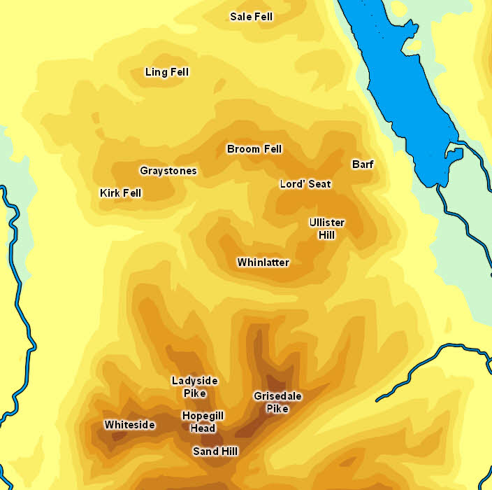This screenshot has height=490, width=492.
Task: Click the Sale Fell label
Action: (251, 16)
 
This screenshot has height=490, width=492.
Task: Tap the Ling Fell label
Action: (166, 72)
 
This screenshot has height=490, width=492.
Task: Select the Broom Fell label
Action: (254, 149)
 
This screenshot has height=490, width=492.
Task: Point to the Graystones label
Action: (168, 171)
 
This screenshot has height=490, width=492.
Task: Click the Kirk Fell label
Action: (120, 193)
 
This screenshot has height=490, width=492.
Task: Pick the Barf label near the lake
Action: (362, 164)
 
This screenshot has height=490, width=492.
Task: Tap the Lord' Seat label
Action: (305, 184)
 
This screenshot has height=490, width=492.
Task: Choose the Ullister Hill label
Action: (326, 229)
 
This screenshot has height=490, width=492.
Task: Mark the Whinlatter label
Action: (263, 262)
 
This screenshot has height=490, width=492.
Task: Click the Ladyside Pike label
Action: (194, 387)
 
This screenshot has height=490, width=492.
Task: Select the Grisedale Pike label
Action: (277, 402)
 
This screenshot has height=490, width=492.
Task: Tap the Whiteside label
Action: (129, 425)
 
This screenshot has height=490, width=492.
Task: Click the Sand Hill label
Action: (215, 451)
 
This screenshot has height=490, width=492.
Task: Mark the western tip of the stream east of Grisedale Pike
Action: (377, 400)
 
